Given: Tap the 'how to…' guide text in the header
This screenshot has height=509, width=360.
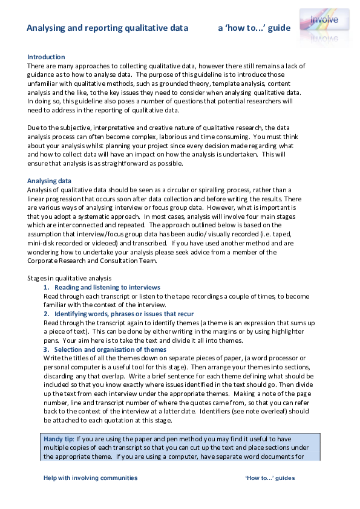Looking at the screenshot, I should click(254, 28).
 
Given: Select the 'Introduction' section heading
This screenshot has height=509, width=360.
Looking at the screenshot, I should click(46, 57).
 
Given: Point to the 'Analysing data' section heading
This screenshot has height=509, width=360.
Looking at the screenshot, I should click(49, 181).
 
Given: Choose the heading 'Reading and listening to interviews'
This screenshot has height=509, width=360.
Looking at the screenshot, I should click(107, 287).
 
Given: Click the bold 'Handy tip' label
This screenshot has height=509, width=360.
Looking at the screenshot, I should click(59, 438).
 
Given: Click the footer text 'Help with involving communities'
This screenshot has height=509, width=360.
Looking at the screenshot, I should click(91, 478).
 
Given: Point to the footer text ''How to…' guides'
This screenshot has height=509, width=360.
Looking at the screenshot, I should click(270, 478).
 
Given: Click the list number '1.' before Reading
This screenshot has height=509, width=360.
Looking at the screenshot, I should click(47, 287).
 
